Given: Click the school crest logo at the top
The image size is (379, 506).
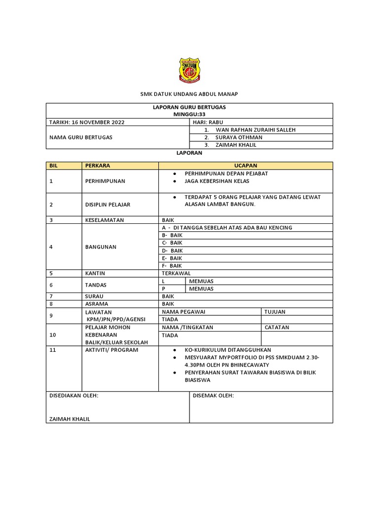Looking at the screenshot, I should pos(189,70).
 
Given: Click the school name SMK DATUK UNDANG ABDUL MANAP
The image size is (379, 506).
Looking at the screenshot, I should pos(189,94).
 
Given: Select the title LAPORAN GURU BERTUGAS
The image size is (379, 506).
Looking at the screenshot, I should pos(189,107).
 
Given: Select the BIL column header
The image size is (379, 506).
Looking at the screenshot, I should pos(54,165).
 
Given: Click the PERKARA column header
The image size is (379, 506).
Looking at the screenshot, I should pos(98,165).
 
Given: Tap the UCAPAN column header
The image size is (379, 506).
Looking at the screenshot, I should pos(246,165).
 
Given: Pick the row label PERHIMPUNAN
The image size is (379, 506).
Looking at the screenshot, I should pos(105,181).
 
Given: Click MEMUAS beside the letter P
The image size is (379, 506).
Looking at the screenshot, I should pos(201,289).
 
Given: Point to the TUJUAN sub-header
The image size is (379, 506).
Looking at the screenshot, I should pos(275,312).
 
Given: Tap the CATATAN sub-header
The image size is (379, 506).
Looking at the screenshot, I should pos(277,327).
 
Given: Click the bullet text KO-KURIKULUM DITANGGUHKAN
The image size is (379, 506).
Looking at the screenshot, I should pos(228,349).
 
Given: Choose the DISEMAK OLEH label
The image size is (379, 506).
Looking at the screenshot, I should pos(213,396).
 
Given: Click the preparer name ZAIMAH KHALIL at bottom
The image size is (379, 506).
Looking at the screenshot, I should pos(69,419).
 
